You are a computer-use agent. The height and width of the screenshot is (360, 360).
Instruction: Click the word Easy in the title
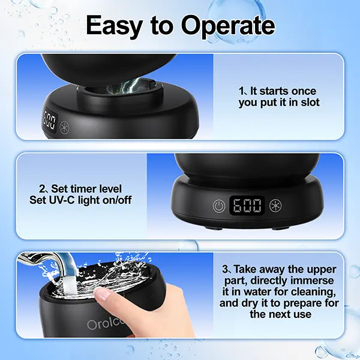115,26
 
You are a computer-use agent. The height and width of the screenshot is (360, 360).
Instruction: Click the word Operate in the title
228,26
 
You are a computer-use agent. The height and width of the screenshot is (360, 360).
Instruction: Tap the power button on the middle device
219,206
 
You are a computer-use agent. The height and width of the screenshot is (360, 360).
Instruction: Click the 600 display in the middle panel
247,206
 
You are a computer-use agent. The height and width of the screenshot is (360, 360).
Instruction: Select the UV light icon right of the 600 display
275,205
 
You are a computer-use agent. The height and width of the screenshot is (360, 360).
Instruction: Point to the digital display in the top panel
50,122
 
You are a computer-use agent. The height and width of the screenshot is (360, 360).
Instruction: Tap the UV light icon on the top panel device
64,127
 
